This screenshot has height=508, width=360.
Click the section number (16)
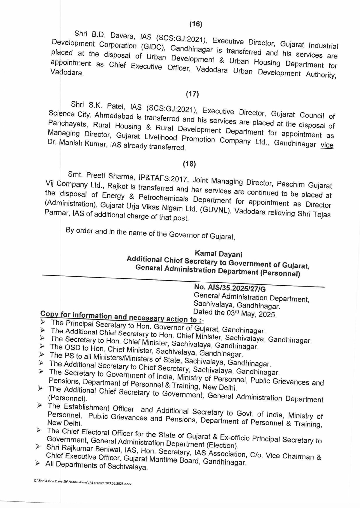(x=196, y=24)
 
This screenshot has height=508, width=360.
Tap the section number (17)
(x=192, y=94)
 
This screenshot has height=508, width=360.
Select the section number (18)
(x=189, y=164)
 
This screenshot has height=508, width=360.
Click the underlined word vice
(x=327, y=145)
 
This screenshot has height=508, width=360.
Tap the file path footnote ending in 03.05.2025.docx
(x=83, y=483)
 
